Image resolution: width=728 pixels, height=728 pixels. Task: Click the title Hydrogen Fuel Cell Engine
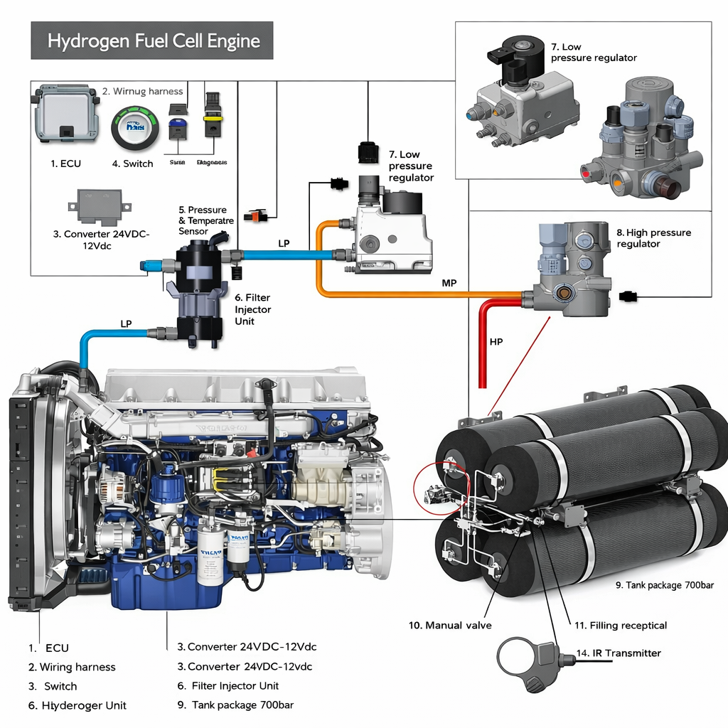tap(153, 41)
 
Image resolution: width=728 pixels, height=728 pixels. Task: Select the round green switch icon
tap(134, 128)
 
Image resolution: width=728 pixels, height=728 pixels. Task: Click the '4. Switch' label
tap(132, 164)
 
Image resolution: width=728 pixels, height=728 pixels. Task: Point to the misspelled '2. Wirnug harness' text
tap(142, 91)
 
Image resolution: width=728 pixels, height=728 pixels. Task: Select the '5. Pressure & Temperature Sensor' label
tap(203, 220)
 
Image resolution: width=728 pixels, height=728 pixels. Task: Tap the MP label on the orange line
tap(449, 283)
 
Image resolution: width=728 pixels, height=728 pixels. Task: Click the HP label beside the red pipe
tap(496, 342)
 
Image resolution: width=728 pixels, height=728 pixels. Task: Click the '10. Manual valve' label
tap(450, 626)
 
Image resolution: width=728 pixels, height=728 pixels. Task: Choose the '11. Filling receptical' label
tap(620, 626)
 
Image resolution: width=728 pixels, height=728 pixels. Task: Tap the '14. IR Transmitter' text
tap(619, 653)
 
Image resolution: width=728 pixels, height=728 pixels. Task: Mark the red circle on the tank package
tap(441, 486)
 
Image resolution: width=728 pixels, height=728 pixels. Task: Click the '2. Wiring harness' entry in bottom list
tap(71, 667)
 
